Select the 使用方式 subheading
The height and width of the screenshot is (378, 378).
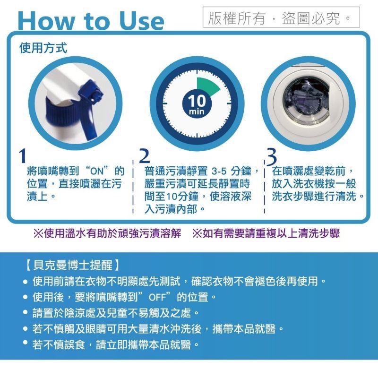click(43, 48)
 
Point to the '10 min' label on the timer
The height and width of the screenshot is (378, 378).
click(197, 104)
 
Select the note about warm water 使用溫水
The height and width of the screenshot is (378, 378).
click(107, 234)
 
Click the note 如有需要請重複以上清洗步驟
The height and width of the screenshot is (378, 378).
click(266, 234)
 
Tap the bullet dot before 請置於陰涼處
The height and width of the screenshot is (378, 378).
click(26, 313)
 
